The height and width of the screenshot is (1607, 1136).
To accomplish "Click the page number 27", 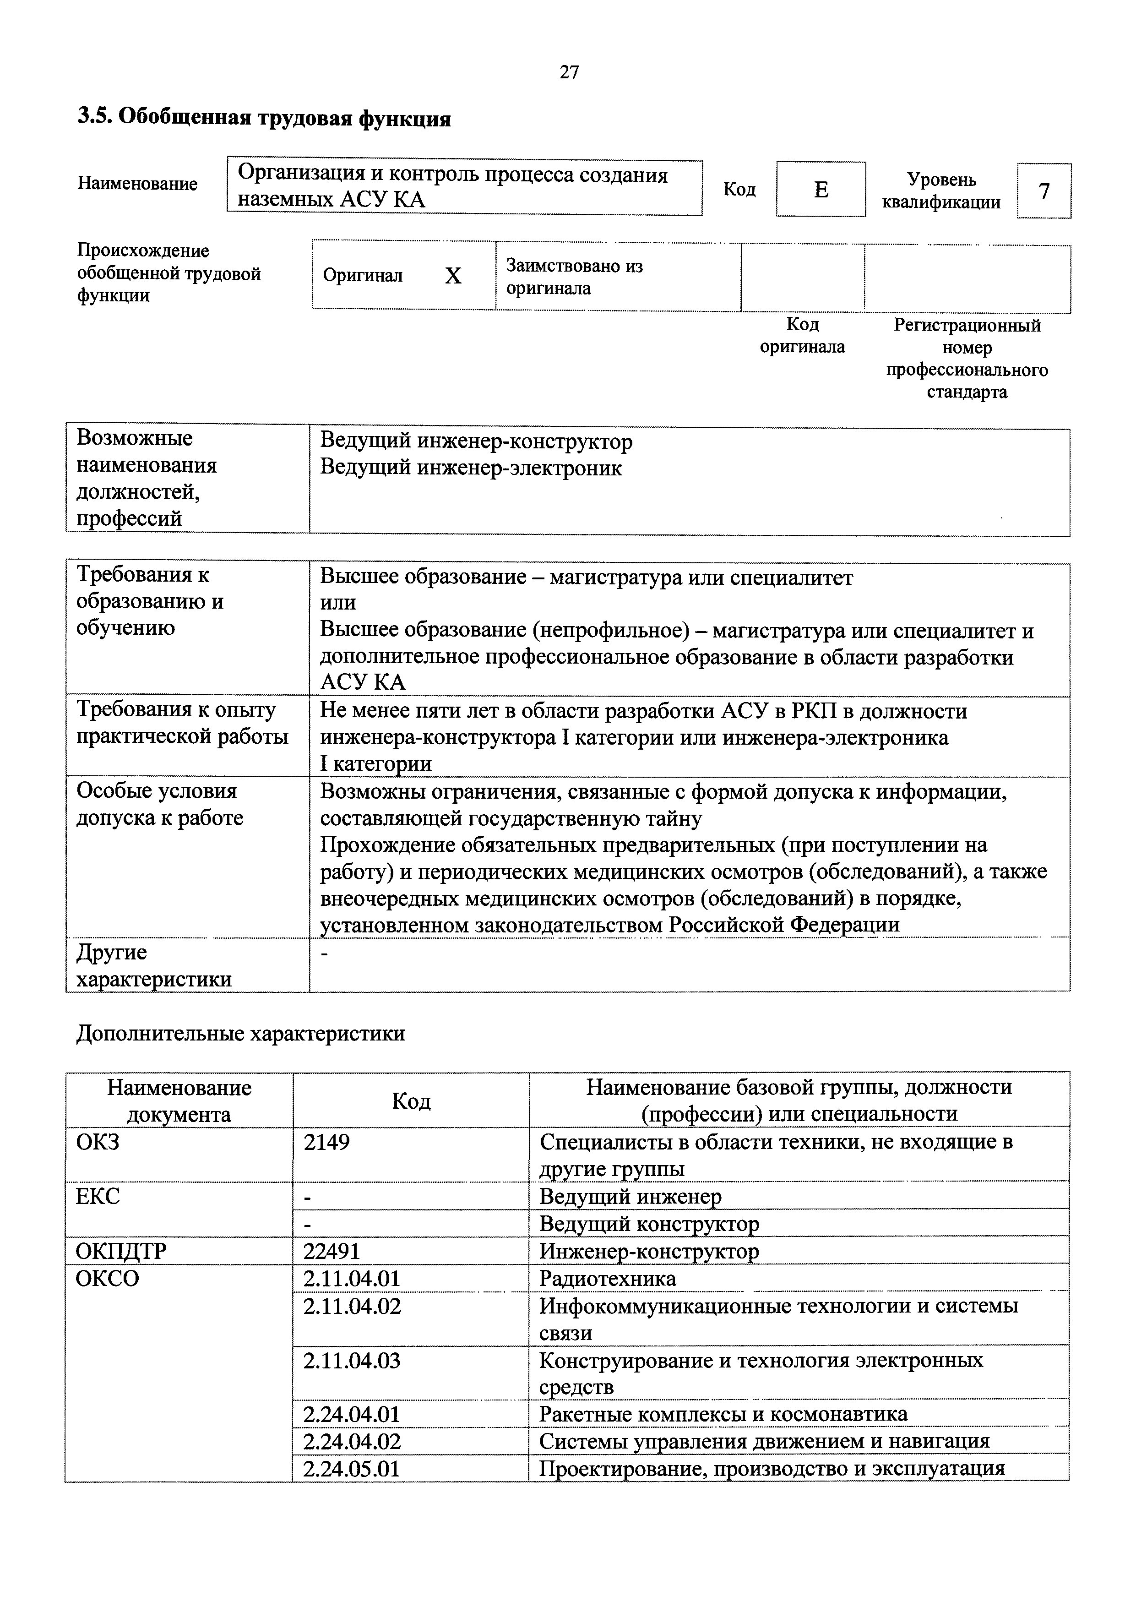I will point(569,72).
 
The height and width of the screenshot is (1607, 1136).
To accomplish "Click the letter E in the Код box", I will point(821,190).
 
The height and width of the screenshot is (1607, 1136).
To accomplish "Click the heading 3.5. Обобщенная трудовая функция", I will point(264,118).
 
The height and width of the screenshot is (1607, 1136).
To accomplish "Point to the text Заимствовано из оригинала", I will point(574,277).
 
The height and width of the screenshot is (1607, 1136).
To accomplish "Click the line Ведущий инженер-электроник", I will point(470,468).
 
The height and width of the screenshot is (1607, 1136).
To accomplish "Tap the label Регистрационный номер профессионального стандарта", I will point(967,358).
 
